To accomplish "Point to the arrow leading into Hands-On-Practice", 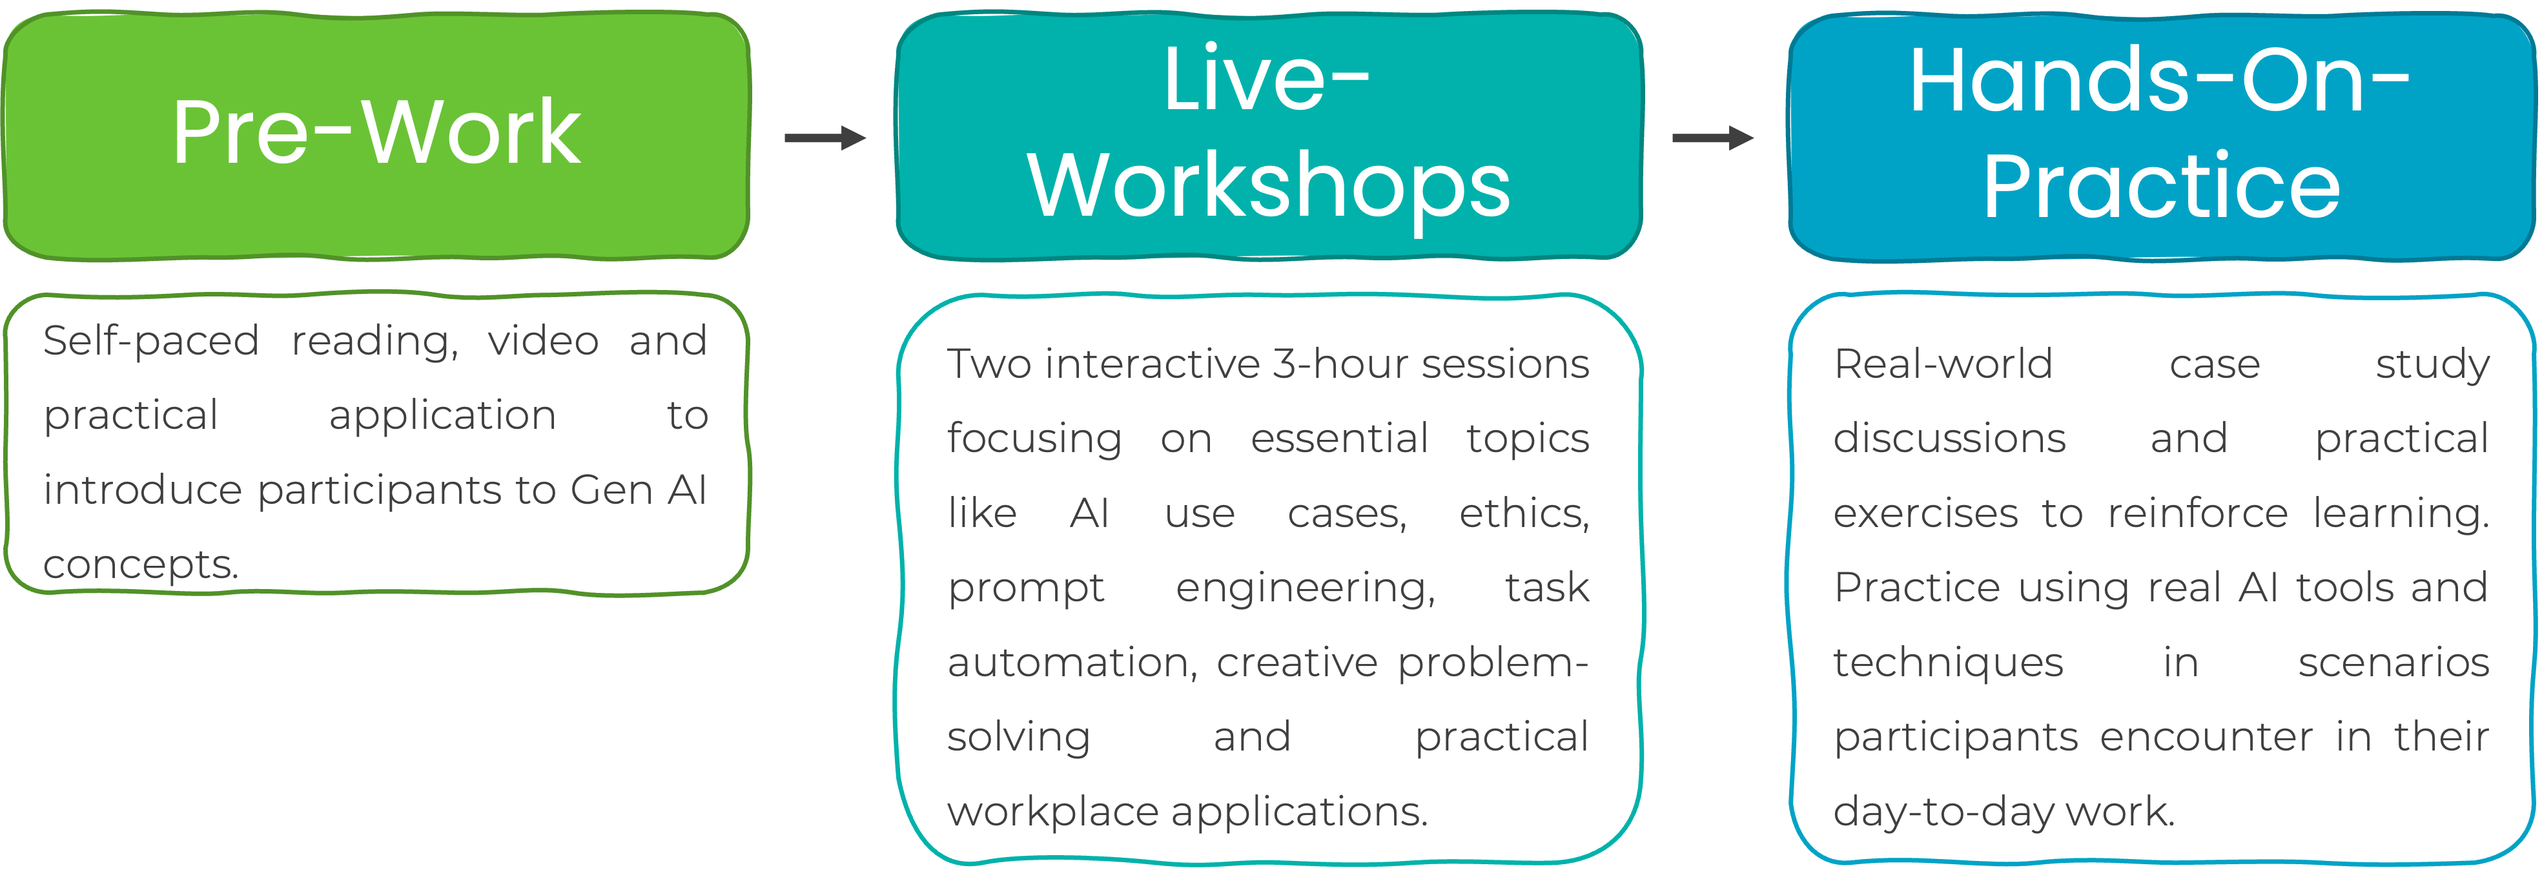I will click(x=1712, y=138).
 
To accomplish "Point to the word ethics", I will click(x=1524, y=513).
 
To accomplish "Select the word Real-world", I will click(x=1943, y=364).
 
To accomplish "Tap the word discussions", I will click(x=1949, y=439).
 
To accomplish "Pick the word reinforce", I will click(x=2197, y=513).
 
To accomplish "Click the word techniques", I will click(x=1948, y=663).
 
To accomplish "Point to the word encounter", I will click(x=2206, y=737).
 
